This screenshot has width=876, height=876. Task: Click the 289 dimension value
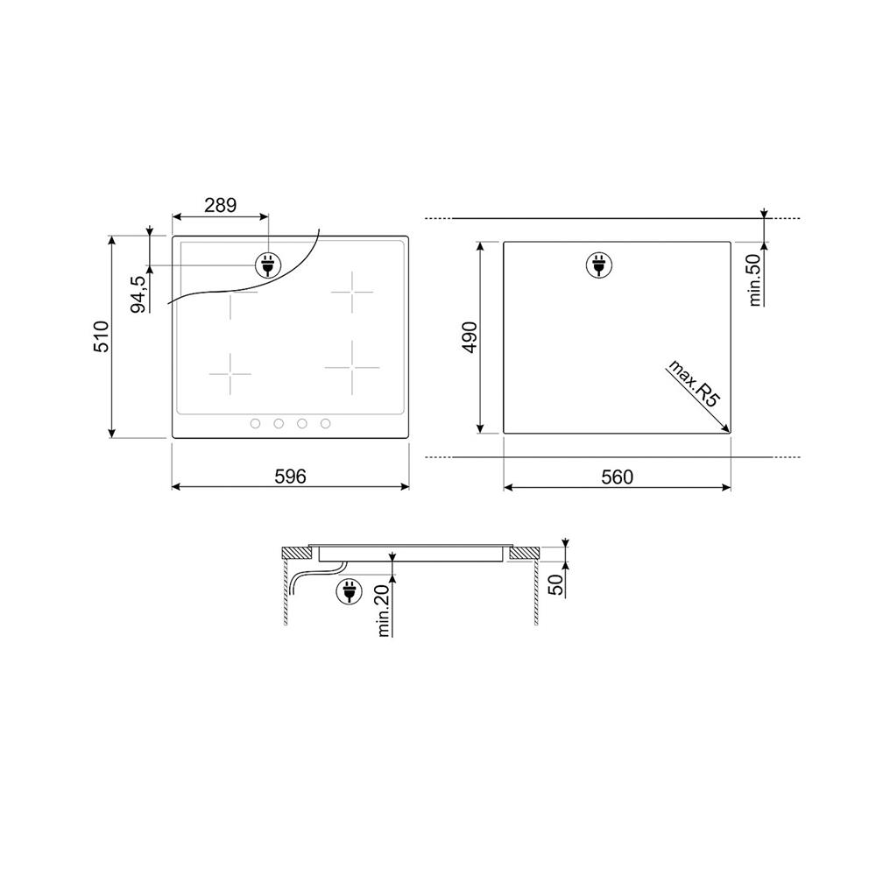pos(220,205)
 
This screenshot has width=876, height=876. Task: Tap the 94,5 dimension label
pos(138,294)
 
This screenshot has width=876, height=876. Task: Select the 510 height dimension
pos(101,336)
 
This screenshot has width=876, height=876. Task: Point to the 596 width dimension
pos(291,476)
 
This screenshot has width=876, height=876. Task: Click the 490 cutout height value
pos(470,337)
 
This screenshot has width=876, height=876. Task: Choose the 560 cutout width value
pos(618,477)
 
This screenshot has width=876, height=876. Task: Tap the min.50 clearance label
pos(755,280)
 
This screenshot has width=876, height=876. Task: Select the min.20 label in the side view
pos(384,610)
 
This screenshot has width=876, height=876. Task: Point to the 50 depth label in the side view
pos(556,584)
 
